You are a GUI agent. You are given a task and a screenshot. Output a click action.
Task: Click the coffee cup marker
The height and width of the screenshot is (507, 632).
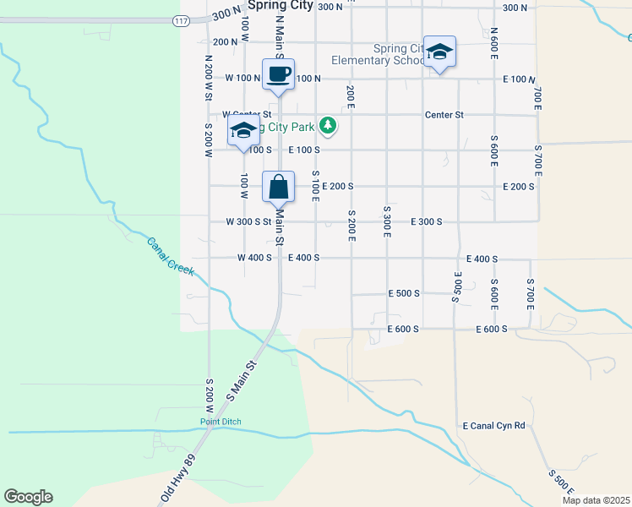click(x=278, y=74)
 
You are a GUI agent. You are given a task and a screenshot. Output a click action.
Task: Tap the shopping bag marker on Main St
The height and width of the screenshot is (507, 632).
click(x=279, y=187)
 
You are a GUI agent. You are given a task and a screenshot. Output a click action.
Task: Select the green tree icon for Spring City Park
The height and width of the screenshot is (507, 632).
click(x=327, y=127)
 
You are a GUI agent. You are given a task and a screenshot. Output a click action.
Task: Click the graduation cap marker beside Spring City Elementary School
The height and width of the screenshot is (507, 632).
click(x=439, y=52)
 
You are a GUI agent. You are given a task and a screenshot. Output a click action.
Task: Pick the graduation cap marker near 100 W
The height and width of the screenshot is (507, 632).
click(x=243, y=133)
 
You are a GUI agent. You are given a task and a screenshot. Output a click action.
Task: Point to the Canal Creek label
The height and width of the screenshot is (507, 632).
click(x=171, y=256)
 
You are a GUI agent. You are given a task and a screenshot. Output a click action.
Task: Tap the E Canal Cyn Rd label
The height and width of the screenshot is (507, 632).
click(x=494, y=426)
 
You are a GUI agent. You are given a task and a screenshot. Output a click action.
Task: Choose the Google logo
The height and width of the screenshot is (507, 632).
click(x=28, y=497)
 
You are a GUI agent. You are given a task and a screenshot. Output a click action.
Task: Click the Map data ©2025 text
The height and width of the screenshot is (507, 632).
click(x=595, y=500)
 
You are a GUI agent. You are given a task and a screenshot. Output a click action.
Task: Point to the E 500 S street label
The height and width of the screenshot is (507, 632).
click(x=404, y=293)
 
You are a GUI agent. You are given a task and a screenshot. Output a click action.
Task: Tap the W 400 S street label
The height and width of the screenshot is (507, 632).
click(x=254, y=258)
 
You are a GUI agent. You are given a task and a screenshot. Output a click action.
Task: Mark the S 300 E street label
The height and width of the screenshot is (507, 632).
click(x=386, y=221)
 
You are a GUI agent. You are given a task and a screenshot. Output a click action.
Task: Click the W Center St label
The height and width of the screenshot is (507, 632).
click(x=246, y=114)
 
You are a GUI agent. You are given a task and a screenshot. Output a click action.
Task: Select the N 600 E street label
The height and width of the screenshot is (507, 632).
click(x=494, y=41)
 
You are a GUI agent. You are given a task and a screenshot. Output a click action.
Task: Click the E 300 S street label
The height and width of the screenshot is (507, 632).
click(x=427, y=221)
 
